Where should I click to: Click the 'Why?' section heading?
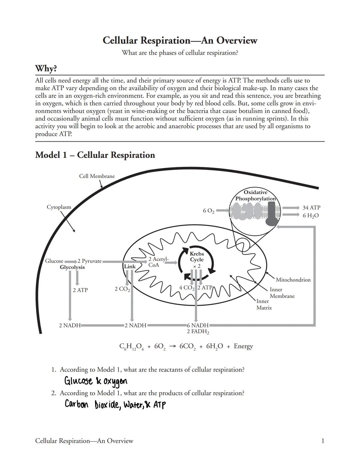(46, 69)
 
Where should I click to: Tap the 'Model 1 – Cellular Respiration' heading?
(95, 155)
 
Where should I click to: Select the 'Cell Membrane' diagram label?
(97, 176)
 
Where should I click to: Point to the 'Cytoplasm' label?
(59, 207)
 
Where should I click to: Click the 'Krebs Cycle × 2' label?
(197, 260)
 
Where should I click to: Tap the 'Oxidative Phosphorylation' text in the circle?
(255, 196)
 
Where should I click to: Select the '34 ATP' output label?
(311, 208)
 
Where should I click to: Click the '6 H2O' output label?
(310, 216)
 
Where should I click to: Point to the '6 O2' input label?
(208, 211)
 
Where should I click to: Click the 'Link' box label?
(130, 266)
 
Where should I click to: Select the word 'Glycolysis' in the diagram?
(72, 267)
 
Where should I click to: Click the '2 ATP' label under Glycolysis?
(80, 290)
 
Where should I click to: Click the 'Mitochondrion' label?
(293, 280)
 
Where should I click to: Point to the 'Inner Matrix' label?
(264, 304)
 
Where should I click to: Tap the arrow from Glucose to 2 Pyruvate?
(70, 261)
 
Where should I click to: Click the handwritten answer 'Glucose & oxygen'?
(96, 381)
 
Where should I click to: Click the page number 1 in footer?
(322, 441)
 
